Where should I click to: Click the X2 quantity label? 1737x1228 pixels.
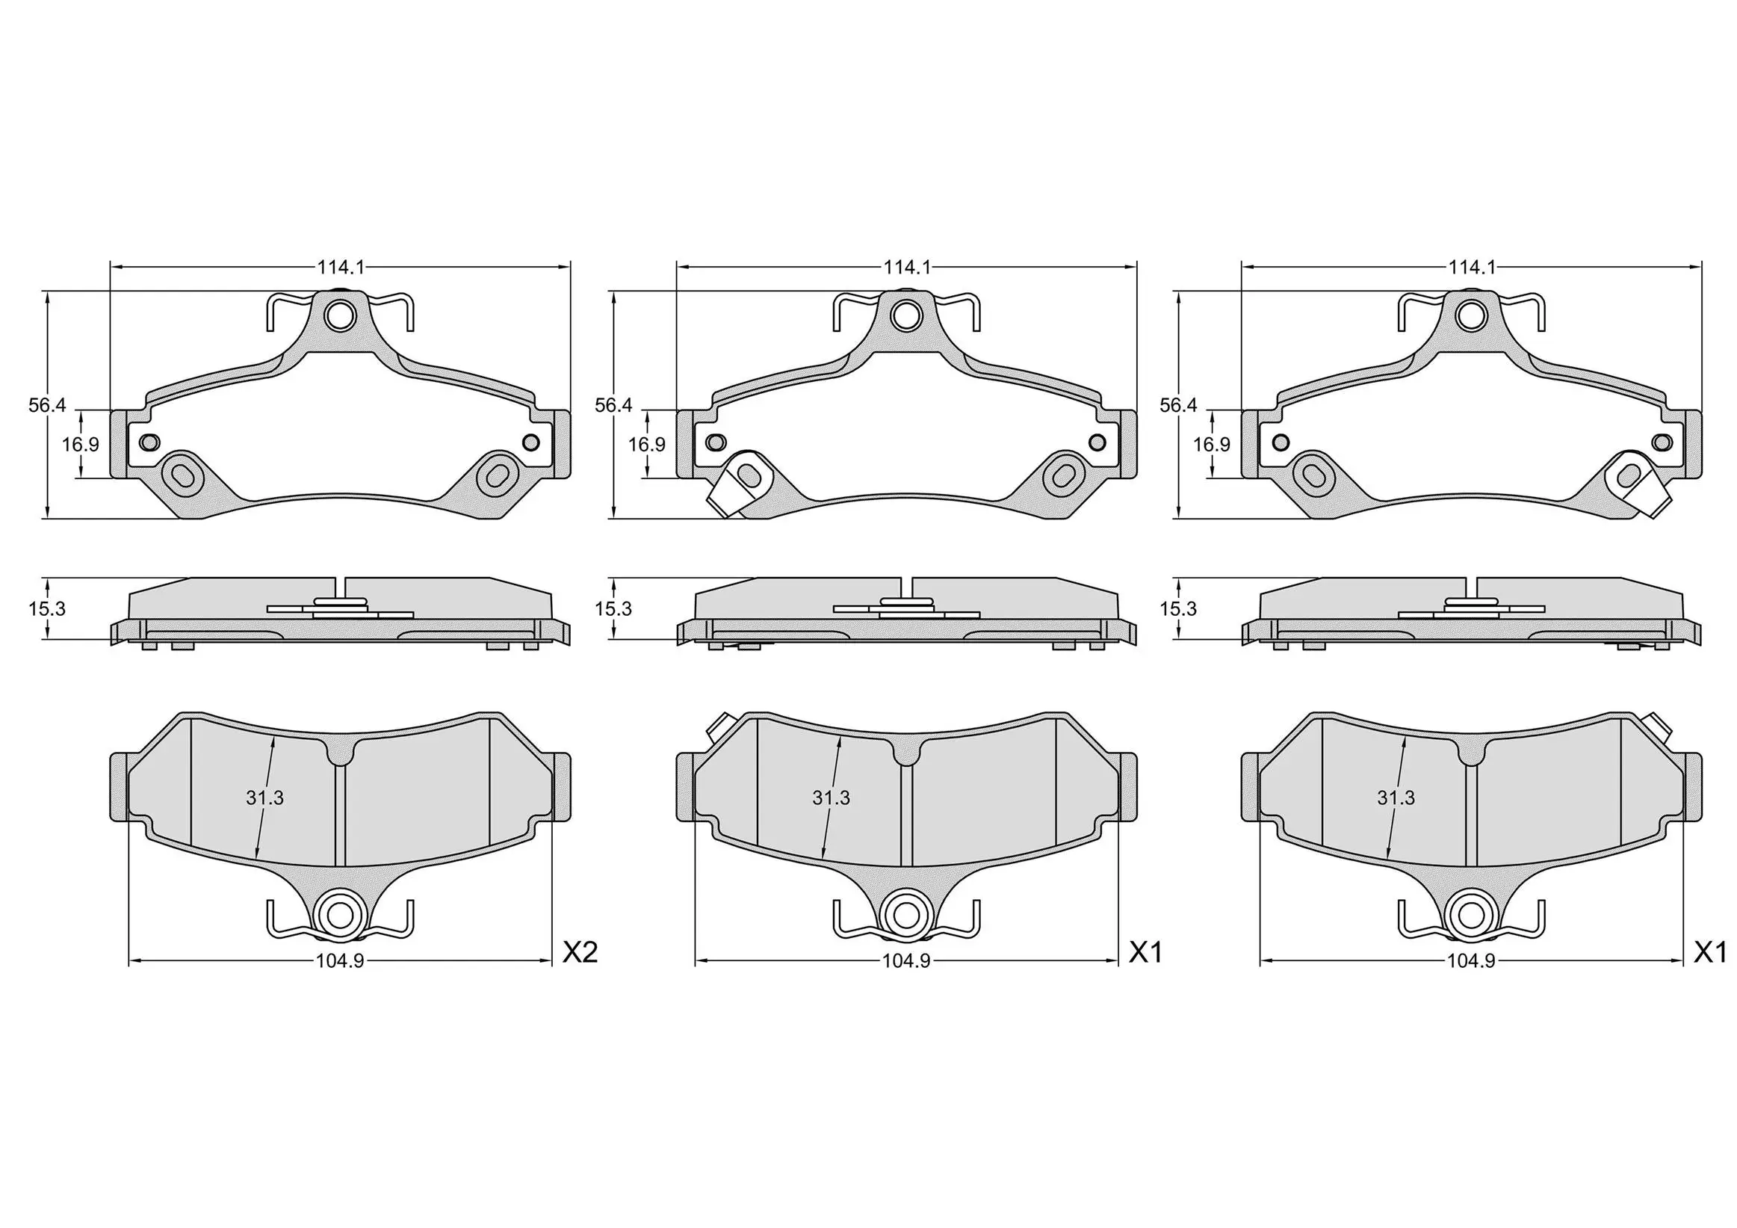(580, 952)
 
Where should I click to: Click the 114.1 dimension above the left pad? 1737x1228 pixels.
(341, 266)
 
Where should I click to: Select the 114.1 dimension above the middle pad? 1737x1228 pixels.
(907, 266)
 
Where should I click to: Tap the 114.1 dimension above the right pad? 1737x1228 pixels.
(1473, 266)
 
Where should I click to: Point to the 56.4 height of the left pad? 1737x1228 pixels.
(47, 405)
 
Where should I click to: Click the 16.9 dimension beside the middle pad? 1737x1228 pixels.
(646, 444)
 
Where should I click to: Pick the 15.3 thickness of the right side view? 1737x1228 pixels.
(1177, 608)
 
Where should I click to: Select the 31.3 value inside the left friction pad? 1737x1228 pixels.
(264, 797)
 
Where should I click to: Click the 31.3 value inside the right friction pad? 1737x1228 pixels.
(1395, 797)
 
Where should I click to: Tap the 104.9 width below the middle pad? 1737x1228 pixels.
(906, 961)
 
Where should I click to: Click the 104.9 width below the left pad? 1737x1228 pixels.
(340, 961)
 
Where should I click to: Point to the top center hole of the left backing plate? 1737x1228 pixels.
(341, 315)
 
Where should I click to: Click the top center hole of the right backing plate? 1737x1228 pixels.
(1472, 315)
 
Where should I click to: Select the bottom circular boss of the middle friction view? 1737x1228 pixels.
(906, 914)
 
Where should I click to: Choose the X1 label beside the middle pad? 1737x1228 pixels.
(1145, 952)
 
